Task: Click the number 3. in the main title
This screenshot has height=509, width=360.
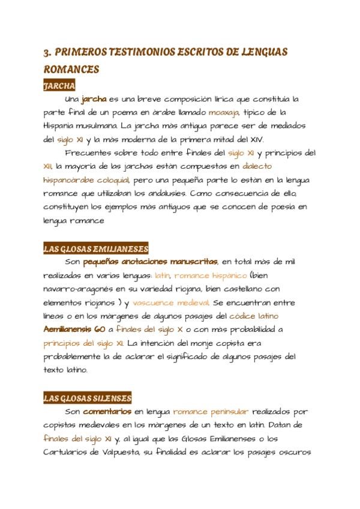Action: point(47,53)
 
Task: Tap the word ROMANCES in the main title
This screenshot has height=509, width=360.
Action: point(71,70)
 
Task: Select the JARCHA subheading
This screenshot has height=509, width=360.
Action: point(59,86)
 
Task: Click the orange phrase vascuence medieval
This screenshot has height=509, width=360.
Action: point(170,303)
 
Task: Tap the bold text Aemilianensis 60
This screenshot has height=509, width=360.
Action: point(74,330)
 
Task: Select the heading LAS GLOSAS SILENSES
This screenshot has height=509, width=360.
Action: point(88,398)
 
